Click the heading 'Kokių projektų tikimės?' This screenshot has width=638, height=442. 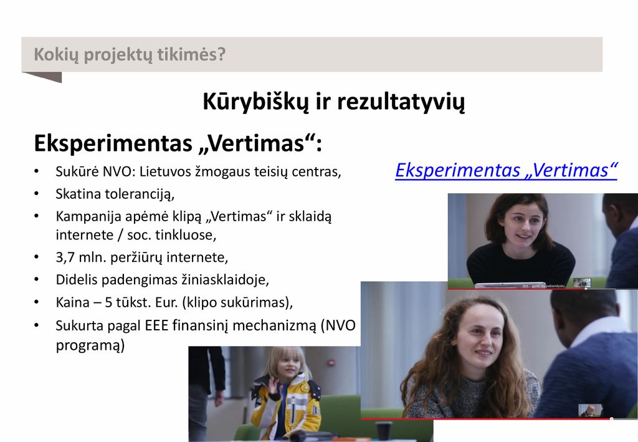point(130,55)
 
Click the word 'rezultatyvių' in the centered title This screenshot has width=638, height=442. point(401,102)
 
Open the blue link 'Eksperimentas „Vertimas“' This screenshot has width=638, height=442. point(506,170)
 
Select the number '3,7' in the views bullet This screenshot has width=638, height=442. point(65,257)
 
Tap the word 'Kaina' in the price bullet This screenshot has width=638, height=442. point(72,302)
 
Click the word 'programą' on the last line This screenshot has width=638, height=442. point(90,345)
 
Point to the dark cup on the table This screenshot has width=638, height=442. point(383,431)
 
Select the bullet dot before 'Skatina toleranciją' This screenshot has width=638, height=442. point(37,194)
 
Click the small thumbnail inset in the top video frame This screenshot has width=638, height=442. point(582,283)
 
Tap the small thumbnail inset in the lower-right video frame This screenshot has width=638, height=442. point(591,410)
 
